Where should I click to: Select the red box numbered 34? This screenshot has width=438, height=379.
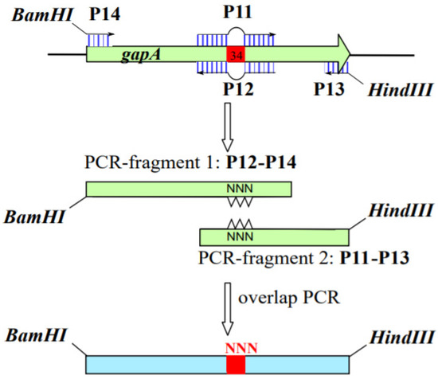pyautogui.click(x=235, y=55)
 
